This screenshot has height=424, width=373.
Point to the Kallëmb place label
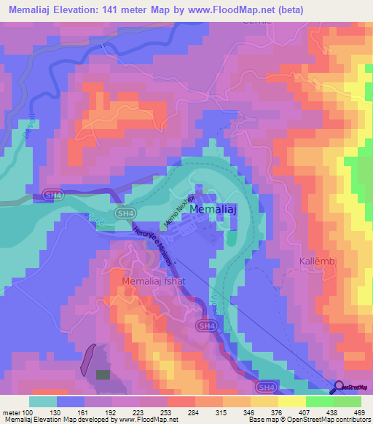click(x=318, y=261)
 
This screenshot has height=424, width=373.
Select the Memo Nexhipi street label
click(x=179, y=212)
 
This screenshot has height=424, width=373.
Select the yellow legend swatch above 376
click(x=264, y=401)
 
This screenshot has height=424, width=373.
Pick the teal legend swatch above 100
click(x=43, y=401)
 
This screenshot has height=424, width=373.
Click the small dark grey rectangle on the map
click(x=103, y=374)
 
